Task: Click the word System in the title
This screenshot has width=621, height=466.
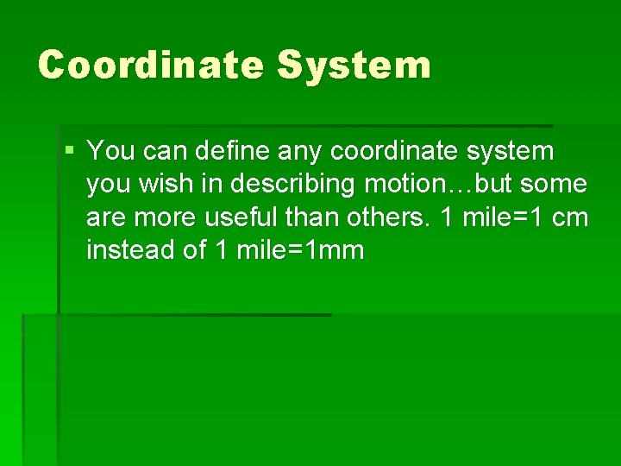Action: tap(354, 65)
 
